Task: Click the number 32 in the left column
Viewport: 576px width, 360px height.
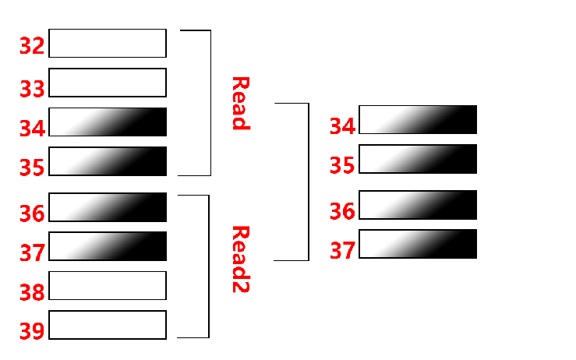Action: pyautogui.click(x=32, y=45)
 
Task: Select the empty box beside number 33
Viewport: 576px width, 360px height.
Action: pyautogui.click(x=108, y=83)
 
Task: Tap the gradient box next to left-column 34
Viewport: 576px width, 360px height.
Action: pyautogui.click(x=108, y=122)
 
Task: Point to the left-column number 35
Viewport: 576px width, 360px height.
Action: pyautogui.click(x=32, y=168)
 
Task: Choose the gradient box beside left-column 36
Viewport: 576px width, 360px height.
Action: pyautogui.click(x=108, y=207)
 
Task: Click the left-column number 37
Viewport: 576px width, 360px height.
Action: pyautogui.click(x=32, y=252)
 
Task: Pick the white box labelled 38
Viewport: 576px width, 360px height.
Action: pyautogui.click(x=108, y=285)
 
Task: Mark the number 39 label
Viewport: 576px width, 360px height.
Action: pyautogui.click(x=32, y=331)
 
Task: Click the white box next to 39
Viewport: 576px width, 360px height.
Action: pyautogui.click(x=108, y=324)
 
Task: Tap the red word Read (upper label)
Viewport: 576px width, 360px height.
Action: pyautogui.click(x=239, y=103)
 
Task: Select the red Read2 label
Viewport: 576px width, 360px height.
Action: pyautogui.click(x=239, y=259)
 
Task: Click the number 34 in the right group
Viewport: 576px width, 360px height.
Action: pyautogui.click(x=342, y=125)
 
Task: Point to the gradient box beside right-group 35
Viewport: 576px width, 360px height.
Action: pyautogui.click(x=418, y=159)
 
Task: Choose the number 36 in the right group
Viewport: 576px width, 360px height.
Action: pyautogui.click(x=342, y=210)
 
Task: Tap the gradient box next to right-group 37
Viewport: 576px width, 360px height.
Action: pyautogui.click(x=418, y=244)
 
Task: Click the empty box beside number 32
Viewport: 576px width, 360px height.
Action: pyautogui.click(x=108, y=44)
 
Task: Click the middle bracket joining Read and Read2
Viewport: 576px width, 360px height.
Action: pyautogui.click(x=308, y=181)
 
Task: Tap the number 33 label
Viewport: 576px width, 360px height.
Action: pyautogui.click(x=32, y=89)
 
